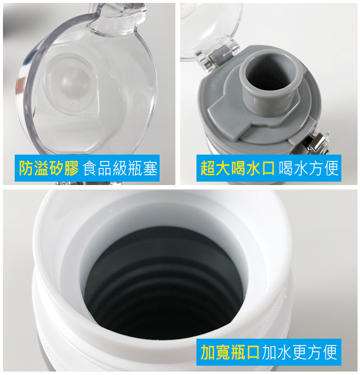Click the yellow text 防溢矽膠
[x=49, y=168]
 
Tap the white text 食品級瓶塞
[x=120, y=168]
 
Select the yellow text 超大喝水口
[x=237, y=168]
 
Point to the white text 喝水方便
[x=308, y=168]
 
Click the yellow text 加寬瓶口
[x=230, y=352]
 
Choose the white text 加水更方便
[x=300, y=352]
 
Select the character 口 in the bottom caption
[x=252, y=352]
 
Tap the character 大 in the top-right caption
[x=222, y=168]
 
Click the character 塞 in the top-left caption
[x=150, y=168]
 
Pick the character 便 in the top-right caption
[x=331, y=168]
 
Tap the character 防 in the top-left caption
[x=27, y=168]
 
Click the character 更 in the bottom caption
[x=300, y=352]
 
